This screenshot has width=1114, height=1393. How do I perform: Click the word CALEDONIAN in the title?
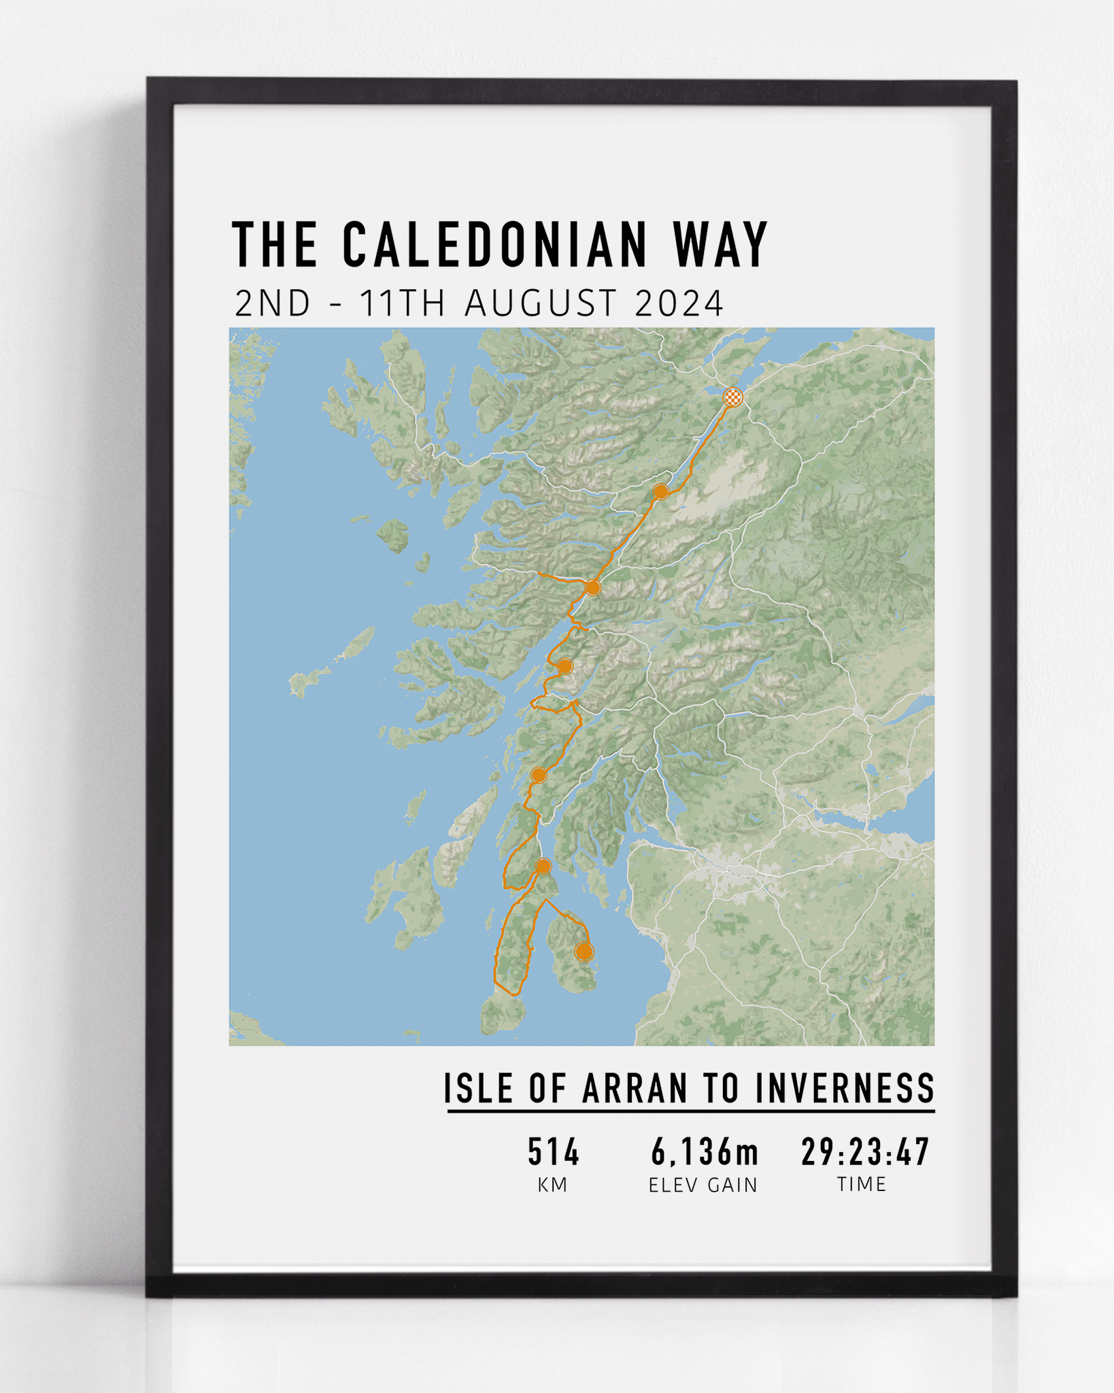point(495,244)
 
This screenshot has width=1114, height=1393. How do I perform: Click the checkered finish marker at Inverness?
point(732,397)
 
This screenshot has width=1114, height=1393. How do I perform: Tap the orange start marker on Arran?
point(584,952)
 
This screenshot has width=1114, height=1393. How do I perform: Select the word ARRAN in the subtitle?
point(635,1088)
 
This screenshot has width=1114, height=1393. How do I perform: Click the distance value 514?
point(554,1152)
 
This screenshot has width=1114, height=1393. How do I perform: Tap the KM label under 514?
point(552,1186)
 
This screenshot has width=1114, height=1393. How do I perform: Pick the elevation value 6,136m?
point(704,1152)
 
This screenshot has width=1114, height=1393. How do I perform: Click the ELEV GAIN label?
point(703,1186)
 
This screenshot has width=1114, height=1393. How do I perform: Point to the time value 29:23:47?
point(865,1152)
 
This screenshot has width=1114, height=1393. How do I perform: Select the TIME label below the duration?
point(862,1185)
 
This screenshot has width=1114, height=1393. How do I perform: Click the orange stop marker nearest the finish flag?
point(660,491)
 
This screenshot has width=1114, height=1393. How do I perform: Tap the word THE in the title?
point(275,244)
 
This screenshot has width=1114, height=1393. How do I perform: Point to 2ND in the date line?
point(273,303)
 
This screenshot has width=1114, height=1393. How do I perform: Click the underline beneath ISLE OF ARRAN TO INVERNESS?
point(690,1111)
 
